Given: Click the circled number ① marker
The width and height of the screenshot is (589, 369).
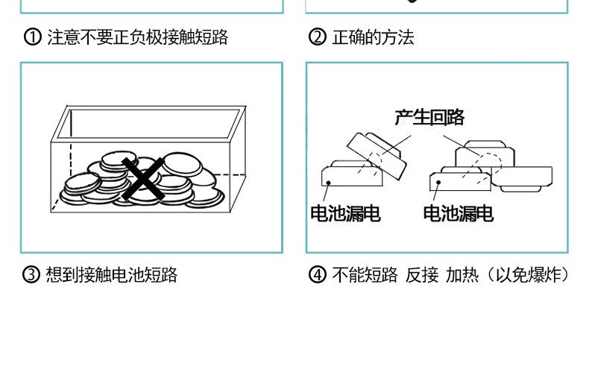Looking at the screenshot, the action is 33,37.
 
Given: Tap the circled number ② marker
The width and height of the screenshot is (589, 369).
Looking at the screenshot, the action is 318,37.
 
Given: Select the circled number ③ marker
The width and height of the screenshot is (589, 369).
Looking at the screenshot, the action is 31,274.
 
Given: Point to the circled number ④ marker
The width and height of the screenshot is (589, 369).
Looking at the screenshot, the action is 318,274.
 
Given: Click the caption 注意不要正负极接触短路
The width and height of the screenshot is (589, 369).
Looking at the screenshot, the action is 137,37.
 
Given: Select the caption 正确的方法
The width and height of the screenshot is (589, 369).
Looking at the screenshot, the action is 373,37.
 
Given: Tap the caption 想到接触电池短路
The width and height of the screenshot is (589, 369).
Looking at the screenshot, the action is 112,275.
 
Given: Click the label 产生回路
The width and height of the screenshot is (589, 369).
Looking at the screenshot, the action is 429,117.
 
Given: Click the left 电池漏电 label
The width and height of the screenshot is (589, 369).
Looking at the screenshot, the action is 346,213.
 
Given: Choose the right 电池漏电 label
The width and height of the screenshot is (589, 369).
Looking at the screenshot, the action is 459,213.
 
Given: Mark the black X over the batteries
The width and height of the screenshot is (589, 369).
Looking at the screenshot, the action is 143,178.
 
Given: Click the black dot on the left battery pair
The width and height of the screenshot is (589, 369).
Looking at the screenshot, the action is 328,183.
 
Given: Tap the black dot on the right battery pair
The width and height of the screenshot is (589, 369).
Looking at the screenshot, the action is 438,183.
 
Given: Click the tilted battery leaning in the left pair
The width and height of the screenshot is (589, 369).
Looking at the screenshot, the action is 376,155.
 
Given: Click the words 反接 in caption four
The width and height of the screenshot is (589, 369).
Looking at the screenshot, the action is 422,275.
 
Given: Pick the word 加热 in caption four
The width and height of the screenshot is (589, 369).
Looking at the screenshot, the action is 462,275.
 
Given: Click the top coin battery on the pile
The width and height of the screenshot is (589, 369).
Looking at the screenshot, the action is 119,160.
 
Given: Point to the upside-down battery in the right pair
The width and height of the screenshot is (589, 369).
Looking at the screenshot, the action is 522,180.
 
